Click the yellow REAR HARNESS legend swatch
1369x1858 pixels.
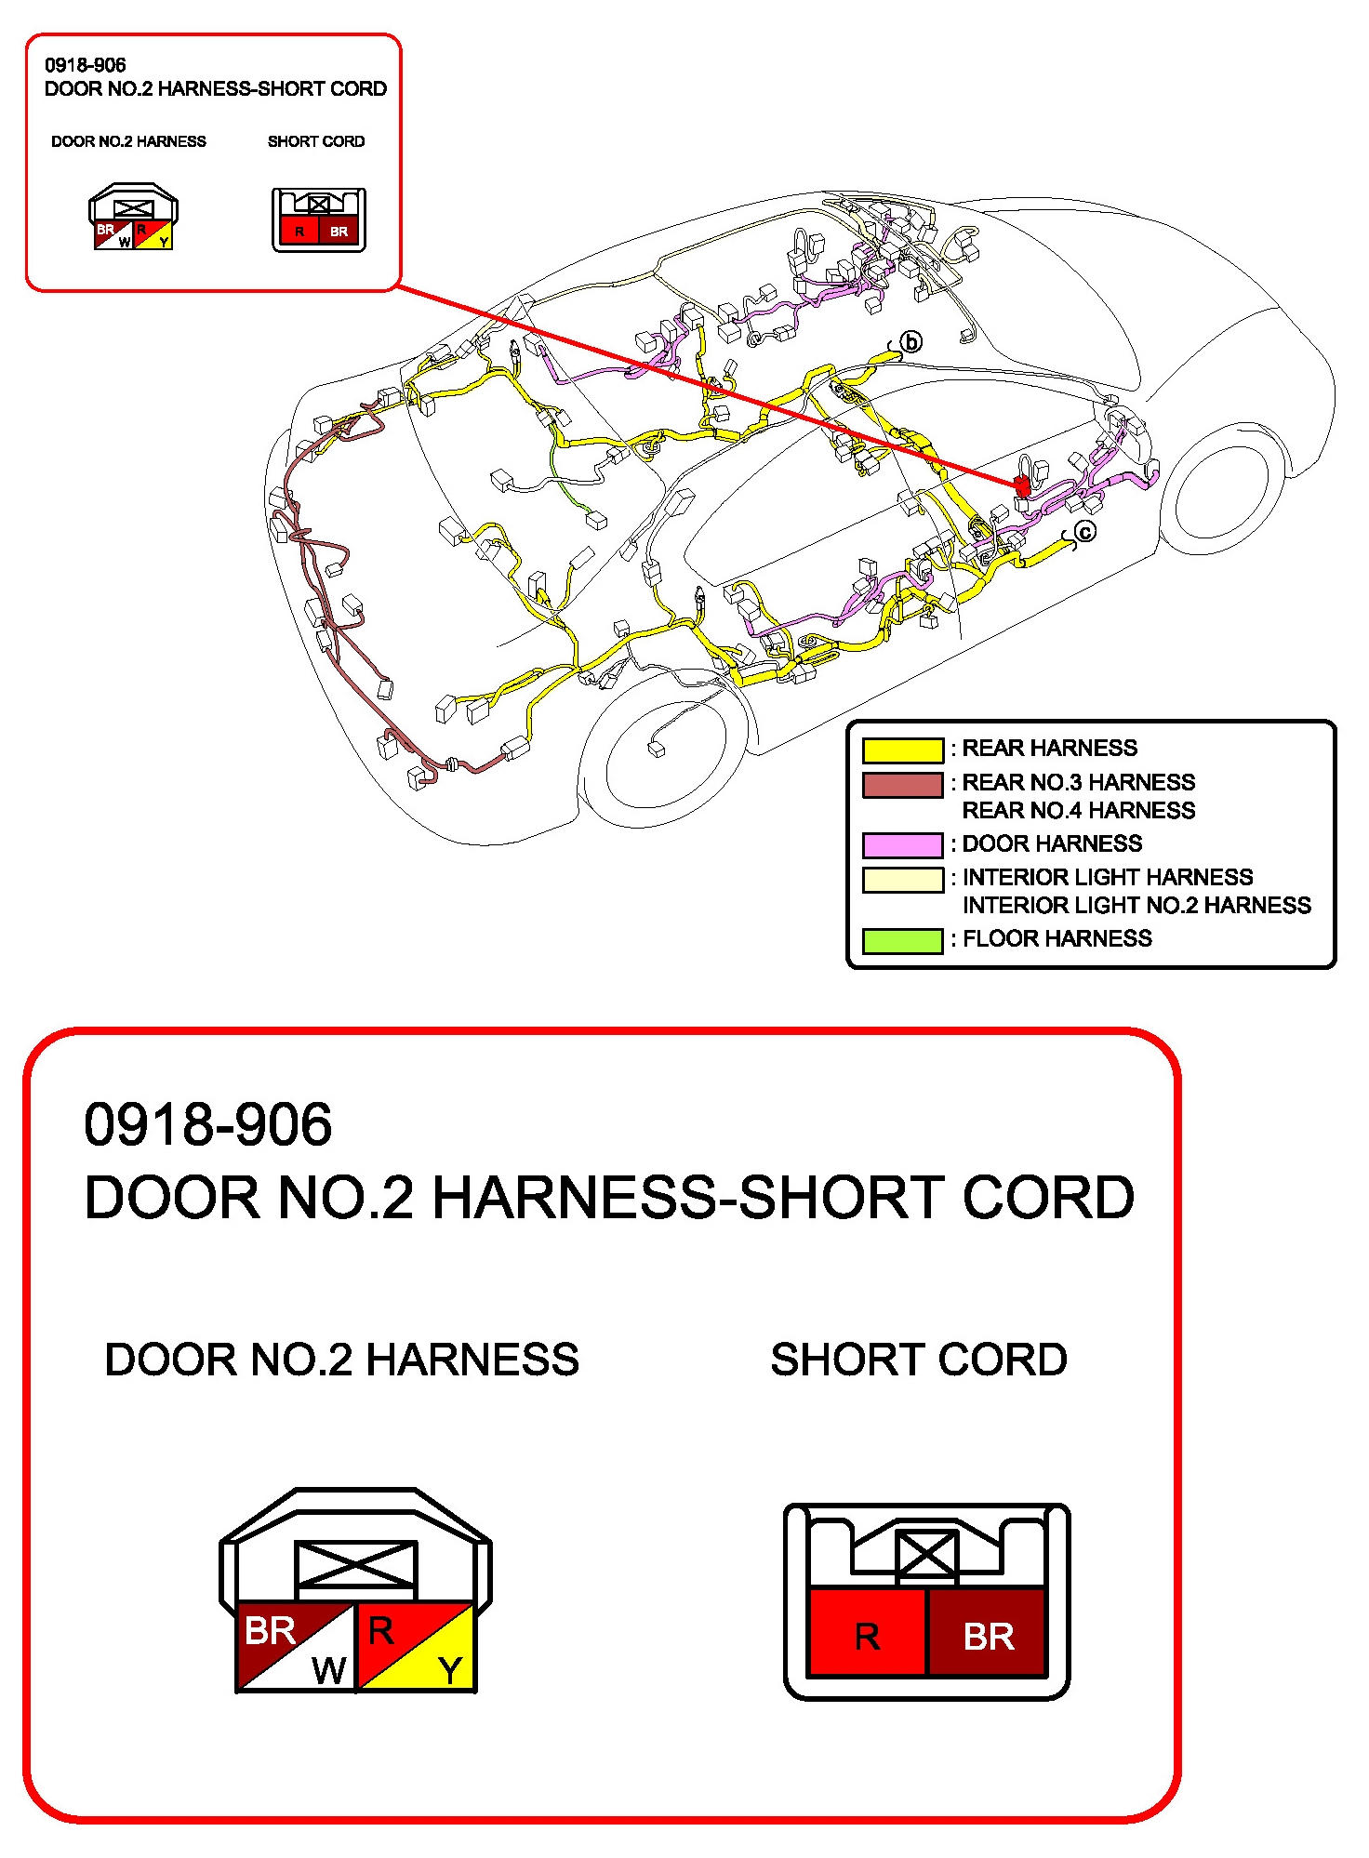[902, 750]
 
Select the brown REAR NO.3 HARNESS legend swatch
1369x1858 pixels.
[902, 784]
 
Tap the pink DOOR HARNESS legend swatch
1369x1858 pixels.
[902, 844]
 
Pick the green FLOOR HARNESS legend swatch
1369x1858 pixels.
[902, 940]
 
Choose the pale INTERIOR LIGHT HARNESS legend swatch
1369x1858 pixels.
[902, 879]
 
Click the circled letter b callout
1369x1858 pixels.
[911, 342]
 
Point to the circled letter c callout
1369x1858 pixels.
[1084, 532]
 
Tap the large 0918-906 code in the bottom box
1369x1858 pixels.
[207, 1124]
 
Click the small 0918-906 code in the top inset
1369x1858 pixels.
[85, 65]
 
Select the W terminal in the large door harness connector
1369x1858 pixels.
[328, 1670]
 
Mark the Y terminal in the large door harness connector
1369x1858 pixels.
[451, 1670]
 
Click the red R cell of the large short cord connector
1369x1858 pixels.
[867, 1635]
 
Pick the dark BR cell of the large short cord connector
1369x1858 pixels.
[988, 1635]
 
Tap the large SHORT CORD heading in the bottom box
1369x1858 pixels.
[918, 1360]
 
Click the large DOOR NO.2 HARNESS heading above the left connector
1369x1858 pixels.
[341, 1360]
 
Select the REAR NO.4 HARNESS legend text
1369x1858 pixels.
[1078, 811]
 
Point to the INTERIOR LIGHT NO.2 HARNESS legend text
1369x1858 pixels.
[1136, 906]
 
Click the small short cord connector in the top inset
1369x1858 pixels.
[318, 219]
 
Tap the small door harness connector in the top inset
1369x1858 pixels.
[133, 218]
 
